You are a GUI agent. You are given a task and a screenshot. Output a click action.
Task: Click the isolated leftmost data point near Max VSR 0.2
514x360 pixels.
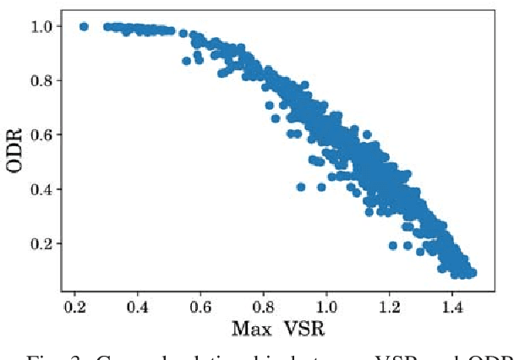coord(84,26)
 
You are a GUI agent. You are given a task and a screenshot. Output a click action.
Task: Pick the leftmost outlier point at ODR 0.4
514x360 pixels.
coord(301,187)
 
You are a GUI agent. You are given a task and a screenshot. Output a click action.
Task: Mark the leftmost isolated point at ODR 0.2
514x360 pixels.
coord(393,245)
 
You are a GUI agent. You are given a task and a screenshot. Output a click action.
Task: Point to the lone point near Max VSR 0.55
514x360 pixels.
coord(187,61)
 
